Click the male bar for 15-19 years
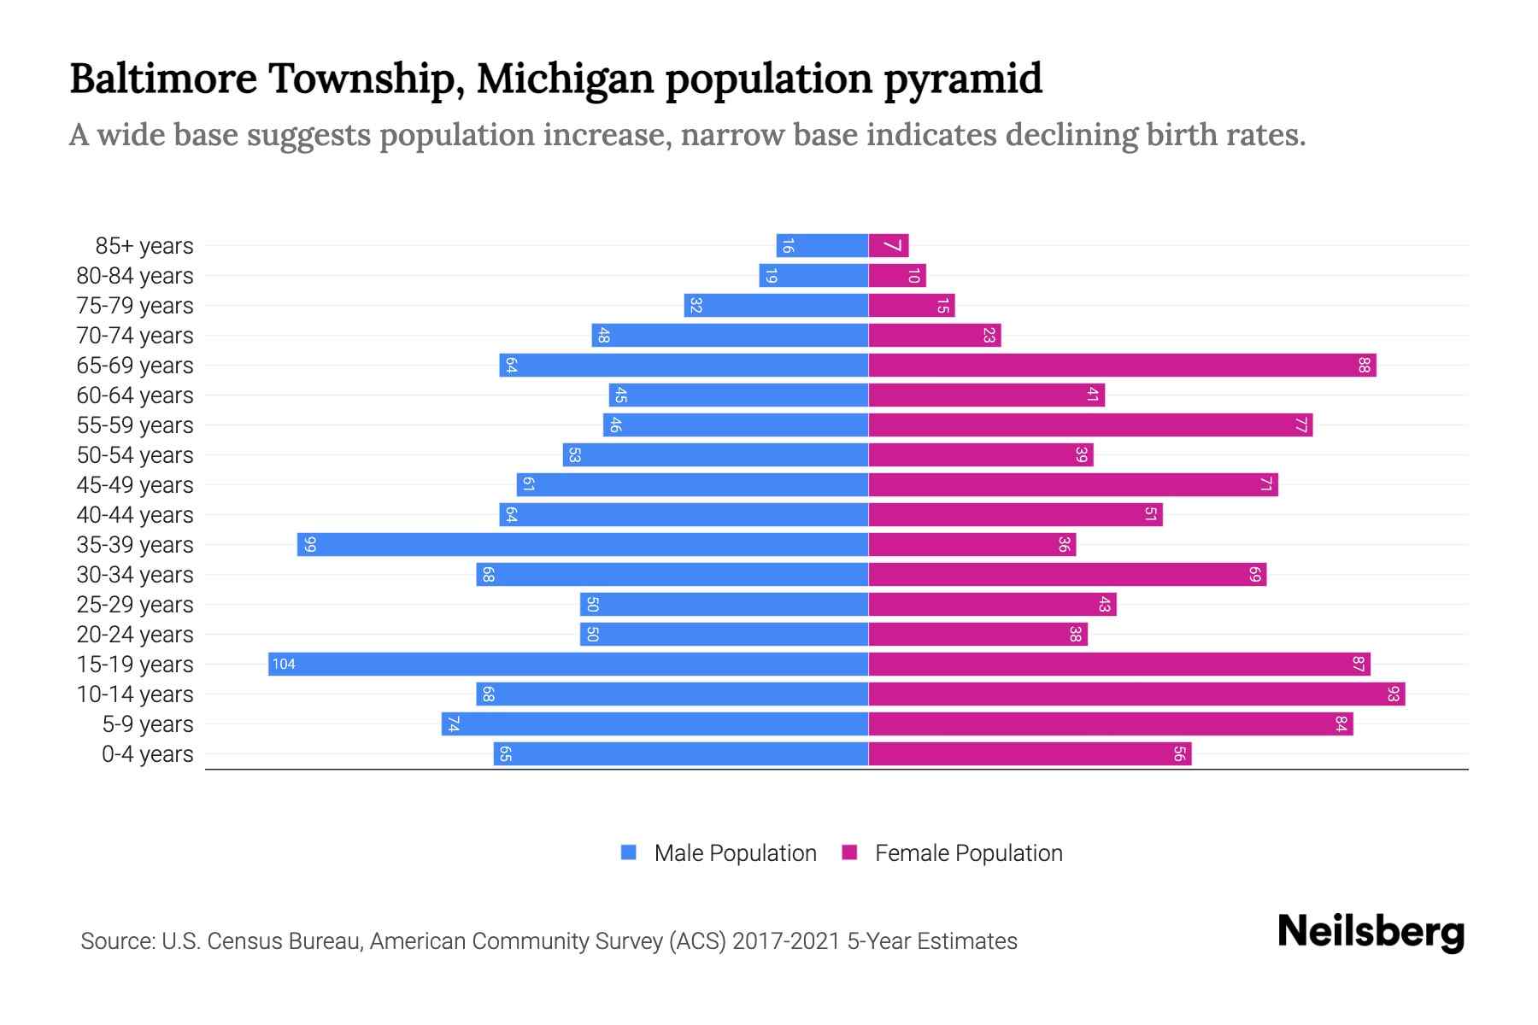pos(568,664)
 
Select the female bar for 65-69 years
pos(1122,365)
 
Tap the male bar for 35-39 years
pos(583,544)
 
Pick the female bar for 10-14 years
pos(1136,694)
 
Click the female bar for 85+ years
pos(889,245)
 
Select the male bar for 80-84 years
pos(813,275)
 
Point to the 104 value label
pos(284,664)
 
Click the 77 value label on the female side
pos(1300,425)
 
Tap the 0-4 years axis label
pos(147,754)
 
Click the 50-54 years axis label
pos(135,455)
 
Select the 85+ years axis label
pos(144,246)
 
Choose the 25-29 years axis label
pos(135,605)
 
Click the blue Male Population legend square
pos(629,852)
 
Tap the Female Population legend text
pos(968,852)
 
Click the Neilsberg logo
pos(1371,931)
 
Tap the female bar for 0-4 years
pos(1030,753)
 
